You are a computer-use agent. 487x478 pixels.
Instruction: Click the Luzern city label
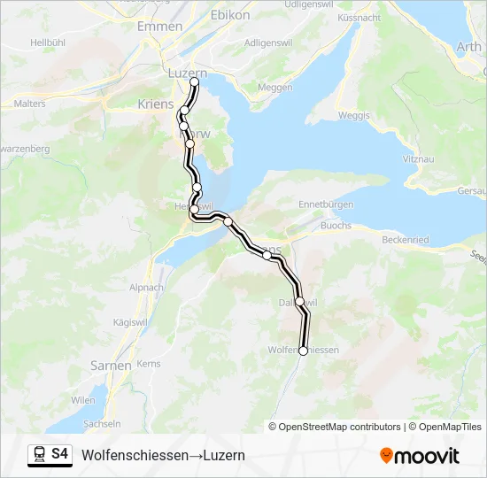pyautogui.click(x=187, y=73)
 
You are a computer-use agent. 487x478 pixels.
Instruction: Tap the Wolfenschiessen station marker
pyautogui.click(x=303, y=351)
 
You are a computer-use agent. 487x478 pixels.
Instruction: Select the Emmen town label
pyautogui.click(x=159, y=27)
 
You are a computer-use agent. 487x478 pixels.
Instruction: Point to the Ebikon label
pyautogui.click(x=230, y=15)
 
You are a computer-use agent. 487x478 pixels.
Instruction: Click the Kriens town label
pyautogui.click(x=156, y=104)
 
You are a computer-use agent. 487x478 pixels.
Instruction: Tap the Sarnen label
pyautogui.click(x=111, y=365)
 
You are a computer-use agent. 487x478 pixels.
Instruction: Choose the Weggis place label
pyautogui.click(x=354, y=115)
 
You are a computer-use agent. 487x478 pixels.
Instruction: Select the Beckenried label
pyautogui.click(x=405, y=240)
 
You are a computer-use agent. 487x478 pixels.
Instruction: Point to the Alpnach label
pyautogui.click(x=146, y=288)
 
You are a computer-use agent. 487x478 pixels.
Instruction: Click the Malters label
pyautogui.click(x=30, y=104)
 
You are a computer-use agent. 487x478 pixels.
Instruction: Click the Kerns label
pyautogui.click(x=149, y=364)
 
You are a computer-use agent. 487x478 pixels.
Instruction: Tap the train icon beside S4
pyautogui.click(x=39, y=455)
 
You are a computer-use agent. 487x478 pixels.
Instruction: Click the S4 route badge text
pyautogui.click(x=59, y=455)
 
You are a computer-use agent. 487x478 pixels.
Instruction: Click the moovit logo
pyautogui.click(x=420, y=455)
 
